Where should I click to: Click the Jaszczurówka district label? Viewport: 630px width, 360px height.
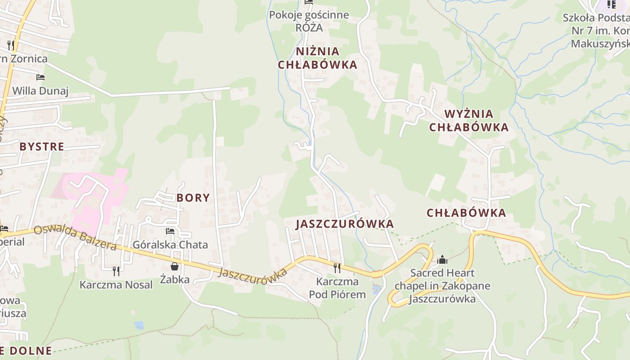point(345,224)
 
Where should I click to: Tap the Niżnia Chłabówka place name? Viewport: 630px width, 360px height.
point(318,58)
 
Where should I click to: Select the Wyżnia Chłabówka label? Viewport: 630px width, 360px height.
point(469,120)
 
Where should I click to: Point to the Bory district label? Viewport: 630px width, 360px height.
point(193,198)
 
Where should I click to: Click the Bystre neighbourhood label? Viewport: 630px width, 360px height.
point(41,146)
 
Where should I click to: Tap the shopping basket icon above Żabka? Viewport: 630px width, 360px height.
point(174,266)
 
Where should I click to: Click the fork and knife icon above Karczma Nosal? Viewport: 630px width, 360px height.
point(116,271)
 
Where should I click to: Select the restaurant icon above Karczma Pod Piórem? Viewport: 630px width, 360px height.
point(337,268)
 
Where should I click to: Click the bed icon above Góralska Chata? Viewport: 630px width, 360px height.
point(170,231)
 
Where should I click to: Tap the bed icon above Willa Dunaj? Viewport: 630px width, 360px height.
point(40,77)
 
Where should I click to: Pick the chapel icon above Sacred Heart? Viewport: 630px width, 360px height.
point(442,260)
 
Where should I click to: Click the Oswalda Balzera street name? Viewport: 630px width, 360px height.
point(75,237)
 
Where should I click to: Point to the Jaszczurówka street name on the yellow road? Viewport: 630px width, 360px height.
point(253,273)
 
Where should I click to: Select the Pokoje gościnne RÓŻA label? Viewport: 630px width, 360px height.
point(309,21)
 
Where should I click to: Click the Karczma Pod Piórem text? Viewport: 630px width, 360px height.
point(337,288)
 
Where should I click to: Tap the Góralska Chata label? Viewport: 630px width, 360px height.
point(170,245)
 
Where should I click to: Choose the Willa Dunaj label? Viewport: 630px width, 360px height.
point(40,91)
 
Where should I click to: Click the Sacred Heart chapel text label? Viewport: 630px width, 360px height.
point(442,286)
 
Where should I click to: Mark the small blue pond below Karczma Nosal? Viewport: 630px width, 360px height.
point(139,325)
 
